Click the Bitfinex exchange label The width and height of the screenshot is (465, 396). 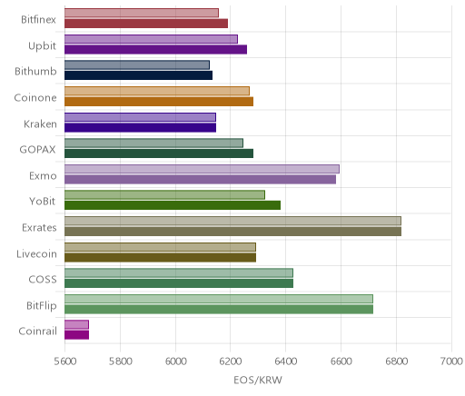(38, 20)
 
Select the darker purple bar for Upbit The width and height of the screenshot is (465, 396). (155, 49)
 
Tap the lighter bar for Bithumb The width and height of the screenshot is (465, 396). (137, 64)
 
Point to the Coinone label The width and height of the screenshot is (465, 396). (35, 98)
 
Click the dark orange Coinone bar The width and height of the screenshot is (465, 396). (159, 102)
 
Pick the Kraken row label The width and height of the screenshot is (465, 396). (40, 124)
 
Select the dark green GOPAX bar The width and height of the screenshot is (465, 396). (159, 153)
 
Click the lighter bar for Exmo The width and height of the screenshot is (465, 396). (202, 169)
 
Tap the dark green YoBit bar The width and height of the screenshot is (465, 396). (173, 205)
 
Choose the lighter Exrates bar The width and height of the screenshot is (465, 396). (232, 221)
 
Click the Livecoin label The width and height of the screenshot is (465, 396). (36, 253)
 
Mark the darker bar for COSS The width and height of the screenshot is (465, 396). (179, 283)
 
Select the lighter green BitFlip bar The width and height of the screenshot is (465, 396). (219, 299)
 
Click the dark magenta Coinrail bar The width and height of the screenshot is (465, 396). (76, 335)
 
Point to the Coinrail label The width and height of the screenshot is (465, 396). (37, 332)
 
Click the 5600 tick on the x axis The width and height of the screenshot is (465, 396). (65, 361)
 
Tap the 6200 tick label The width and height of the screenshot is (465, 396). (230, 361)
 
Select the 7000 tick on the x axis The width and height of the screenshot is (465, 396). (451, 361)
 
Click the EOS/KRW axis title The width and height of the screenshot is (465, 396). (258, 380)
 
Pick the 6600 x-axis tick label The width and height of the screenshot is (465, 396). (341, 361)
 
